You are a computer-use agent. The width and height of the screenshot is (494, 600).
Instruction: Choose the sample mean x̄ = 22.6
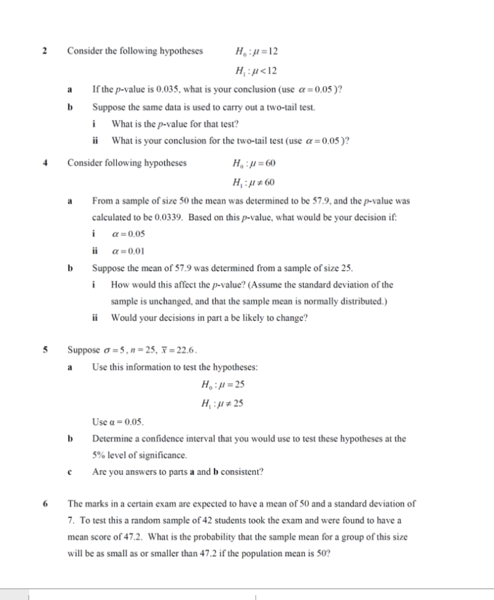tap(180, 350)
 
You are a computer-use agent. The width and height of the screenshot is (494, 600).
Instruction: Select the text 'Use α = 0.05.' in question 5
tap(118, 421)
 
